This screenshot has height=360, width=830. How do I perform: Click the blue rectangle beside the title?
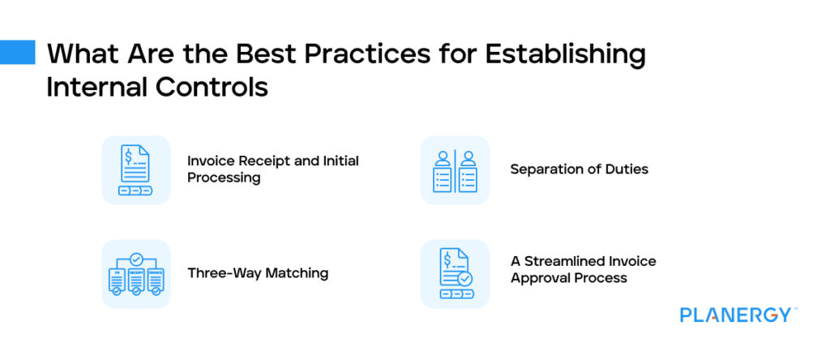[18, 52]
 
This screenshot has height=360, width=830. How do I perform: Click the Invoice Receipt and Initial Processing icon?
[135, 169]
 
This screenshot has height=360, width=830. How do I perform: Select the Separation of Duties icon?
[455, 169]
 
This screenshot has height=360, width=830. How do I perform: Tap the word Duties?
[627, 169]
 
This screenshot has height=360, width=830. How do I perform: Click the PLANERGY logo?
[737, 315]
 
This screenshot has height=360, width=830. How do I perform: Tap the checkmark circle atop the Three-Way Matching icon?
[135, 259]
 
